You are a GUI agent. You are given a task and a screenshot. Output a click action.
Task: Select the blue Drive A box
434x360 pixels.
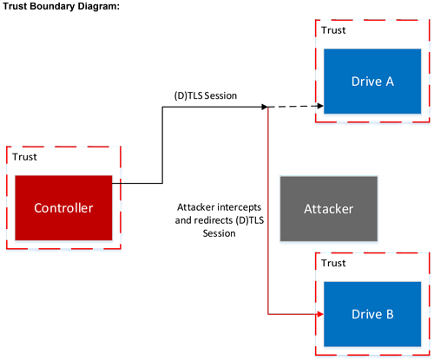[x=372, y=82]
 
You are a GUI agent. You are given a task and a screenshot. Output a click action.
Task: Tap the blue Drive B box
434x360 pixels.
[x=372, y=312]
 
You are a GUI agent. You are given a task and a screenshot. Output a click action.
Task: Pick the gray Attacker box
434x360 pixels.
[x=328, y=209]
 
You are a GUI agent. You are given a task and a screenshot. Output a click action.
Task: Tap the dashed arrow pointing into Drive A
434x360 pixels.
[x=295, y=108]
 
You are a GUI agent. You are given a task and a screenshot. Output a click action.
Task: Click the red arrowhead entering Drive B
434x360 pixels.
[x=319, y=313]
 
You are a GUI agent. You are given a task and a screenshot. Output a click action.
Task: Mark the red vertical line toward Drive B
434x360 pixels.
[x=268, y=217]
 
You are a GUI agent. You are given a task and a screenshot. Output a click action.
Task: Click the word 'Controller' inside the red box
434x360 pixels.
[x=62, y=208]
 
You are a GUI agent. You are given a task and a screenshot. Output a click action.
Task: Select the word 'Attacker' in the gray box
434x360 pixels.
[x=328, y=210]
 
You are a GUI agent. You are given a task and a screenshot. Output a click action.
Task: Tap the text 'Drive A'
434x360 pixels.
[x=372, y=82]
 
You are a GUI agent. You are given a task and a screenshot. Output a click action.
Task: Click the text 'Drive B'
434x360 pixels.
[x=372, y=313]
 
